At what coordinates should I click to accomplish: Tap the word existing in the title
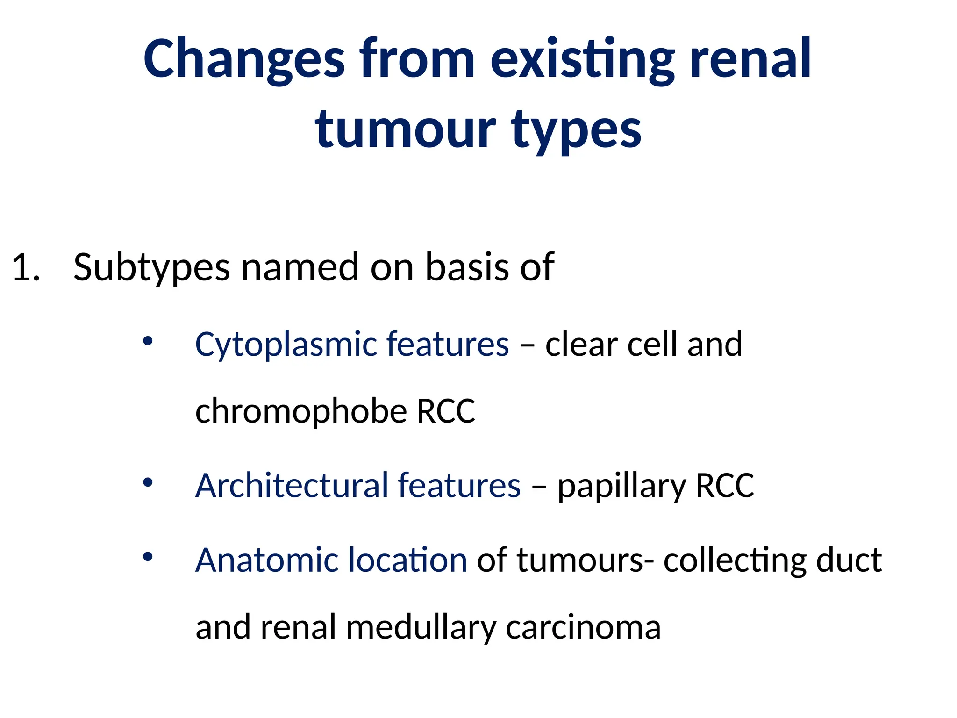pos(582,59)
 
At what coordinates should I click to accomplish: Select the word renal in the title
pos(750,59)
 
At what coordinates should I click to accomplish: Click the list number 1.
pos(26,267)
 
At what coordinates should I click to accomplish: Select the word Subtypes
pos(151,267)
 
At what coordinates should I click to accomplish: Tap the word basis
pos(467,267)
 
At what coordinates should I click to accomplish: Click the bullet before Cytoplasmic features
pos(148,342)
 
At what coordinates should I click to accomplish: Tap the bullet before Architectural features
pos(148,482)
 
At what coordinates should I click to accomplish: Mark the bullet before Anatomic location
pos(148,557)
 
